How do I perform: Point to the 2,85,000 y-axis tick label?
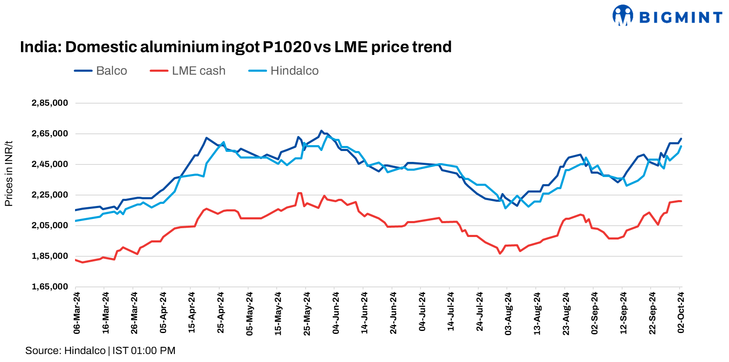click(x=49, y=103)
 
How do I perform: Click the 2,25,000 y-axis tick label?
click(x=49, y=195)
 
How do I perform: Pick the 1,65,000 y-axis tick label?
click(x=49, y=286)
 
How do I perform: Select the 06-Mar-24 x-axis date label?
click(x=77, y=313)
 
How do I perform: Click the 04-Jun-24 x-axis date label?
click(x=336, y=313)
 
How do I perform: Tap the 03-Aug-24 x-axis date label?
click(x=508, y=313)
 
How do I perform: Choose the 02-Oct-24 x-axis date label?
click(x=681, y=313)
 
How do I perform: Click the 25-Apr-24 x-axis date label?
click(x=221, y=313)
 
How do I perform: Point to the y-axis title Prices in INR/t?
click(x=8, y=174)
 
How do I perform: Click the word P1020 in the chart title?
click(x=287, y=47)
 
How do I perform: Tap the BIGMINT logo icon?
click(x=623, y=16)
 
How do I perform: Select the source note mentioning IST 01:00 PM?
click(x=100, y=350)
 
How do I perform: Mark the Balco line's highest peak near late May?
click(x=321, y=131)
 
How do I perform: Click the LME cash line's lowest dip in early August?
click(x=500, y=253)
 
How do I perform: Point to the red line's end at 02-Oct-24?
click(x=681, y=201)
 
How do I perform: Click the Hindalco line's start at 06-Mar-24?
click(x=75, y=221)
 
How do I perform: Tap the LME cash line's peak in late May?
click(x=299, y=193)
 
